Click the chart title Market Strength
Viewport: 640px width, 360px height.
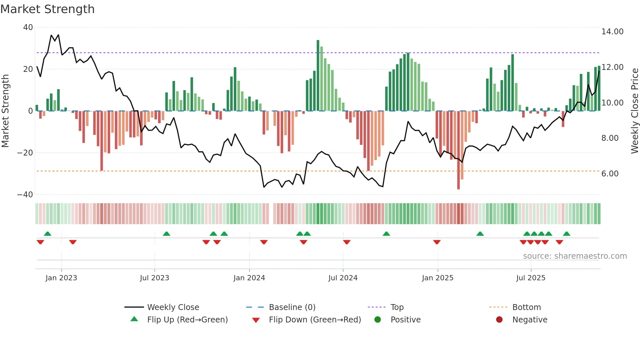(x=47, y=9)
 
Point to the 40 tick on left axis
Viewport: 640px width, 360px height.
(x=28, y=27)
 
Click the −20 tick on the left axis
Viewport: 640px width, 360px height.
(x=25, y=153)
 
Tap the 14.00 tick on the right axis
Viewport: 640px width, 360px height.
(x=612, y=32)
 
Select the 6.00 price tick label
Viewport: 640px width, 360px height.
(x=610, y=174)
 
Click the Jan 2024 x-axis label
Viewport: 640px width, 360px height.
(x=249, y=278)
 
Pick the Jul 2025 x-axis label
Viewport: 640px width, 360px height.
(x=531, y=278)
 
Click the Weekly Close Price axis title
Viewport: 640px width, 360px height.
(x=634, y=111)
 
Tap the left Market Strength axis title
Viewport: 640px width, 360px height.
(x=6, y=111)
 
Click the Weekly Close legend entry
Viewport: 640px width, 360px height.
(x=173, y=307)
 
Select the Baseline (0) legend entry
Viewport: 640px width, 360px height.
(x=292, y=307)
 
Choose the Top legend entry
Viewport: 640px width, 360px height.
(x=397, y=307)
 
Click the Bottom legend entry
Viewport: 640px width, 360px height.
(x=526, y=307)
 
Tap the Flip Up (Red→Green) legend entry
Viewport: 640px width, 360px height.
(x=187, y=320)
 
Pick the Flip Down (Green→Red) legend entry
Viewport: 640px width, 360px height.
(x=315, y=320)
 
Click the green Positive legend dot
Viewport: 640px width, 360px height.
(x=378, y=320)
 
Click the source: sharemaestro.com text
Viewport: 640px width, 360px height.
(x=575, y=256)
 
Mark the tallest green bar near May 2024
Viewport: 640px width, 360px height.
(x=318, y=75)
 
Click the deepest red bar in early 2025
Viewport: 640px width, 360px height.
(x=458, y=150)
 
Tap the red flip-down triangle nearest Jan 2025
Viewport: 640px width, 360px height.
(x=437, y=242)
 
